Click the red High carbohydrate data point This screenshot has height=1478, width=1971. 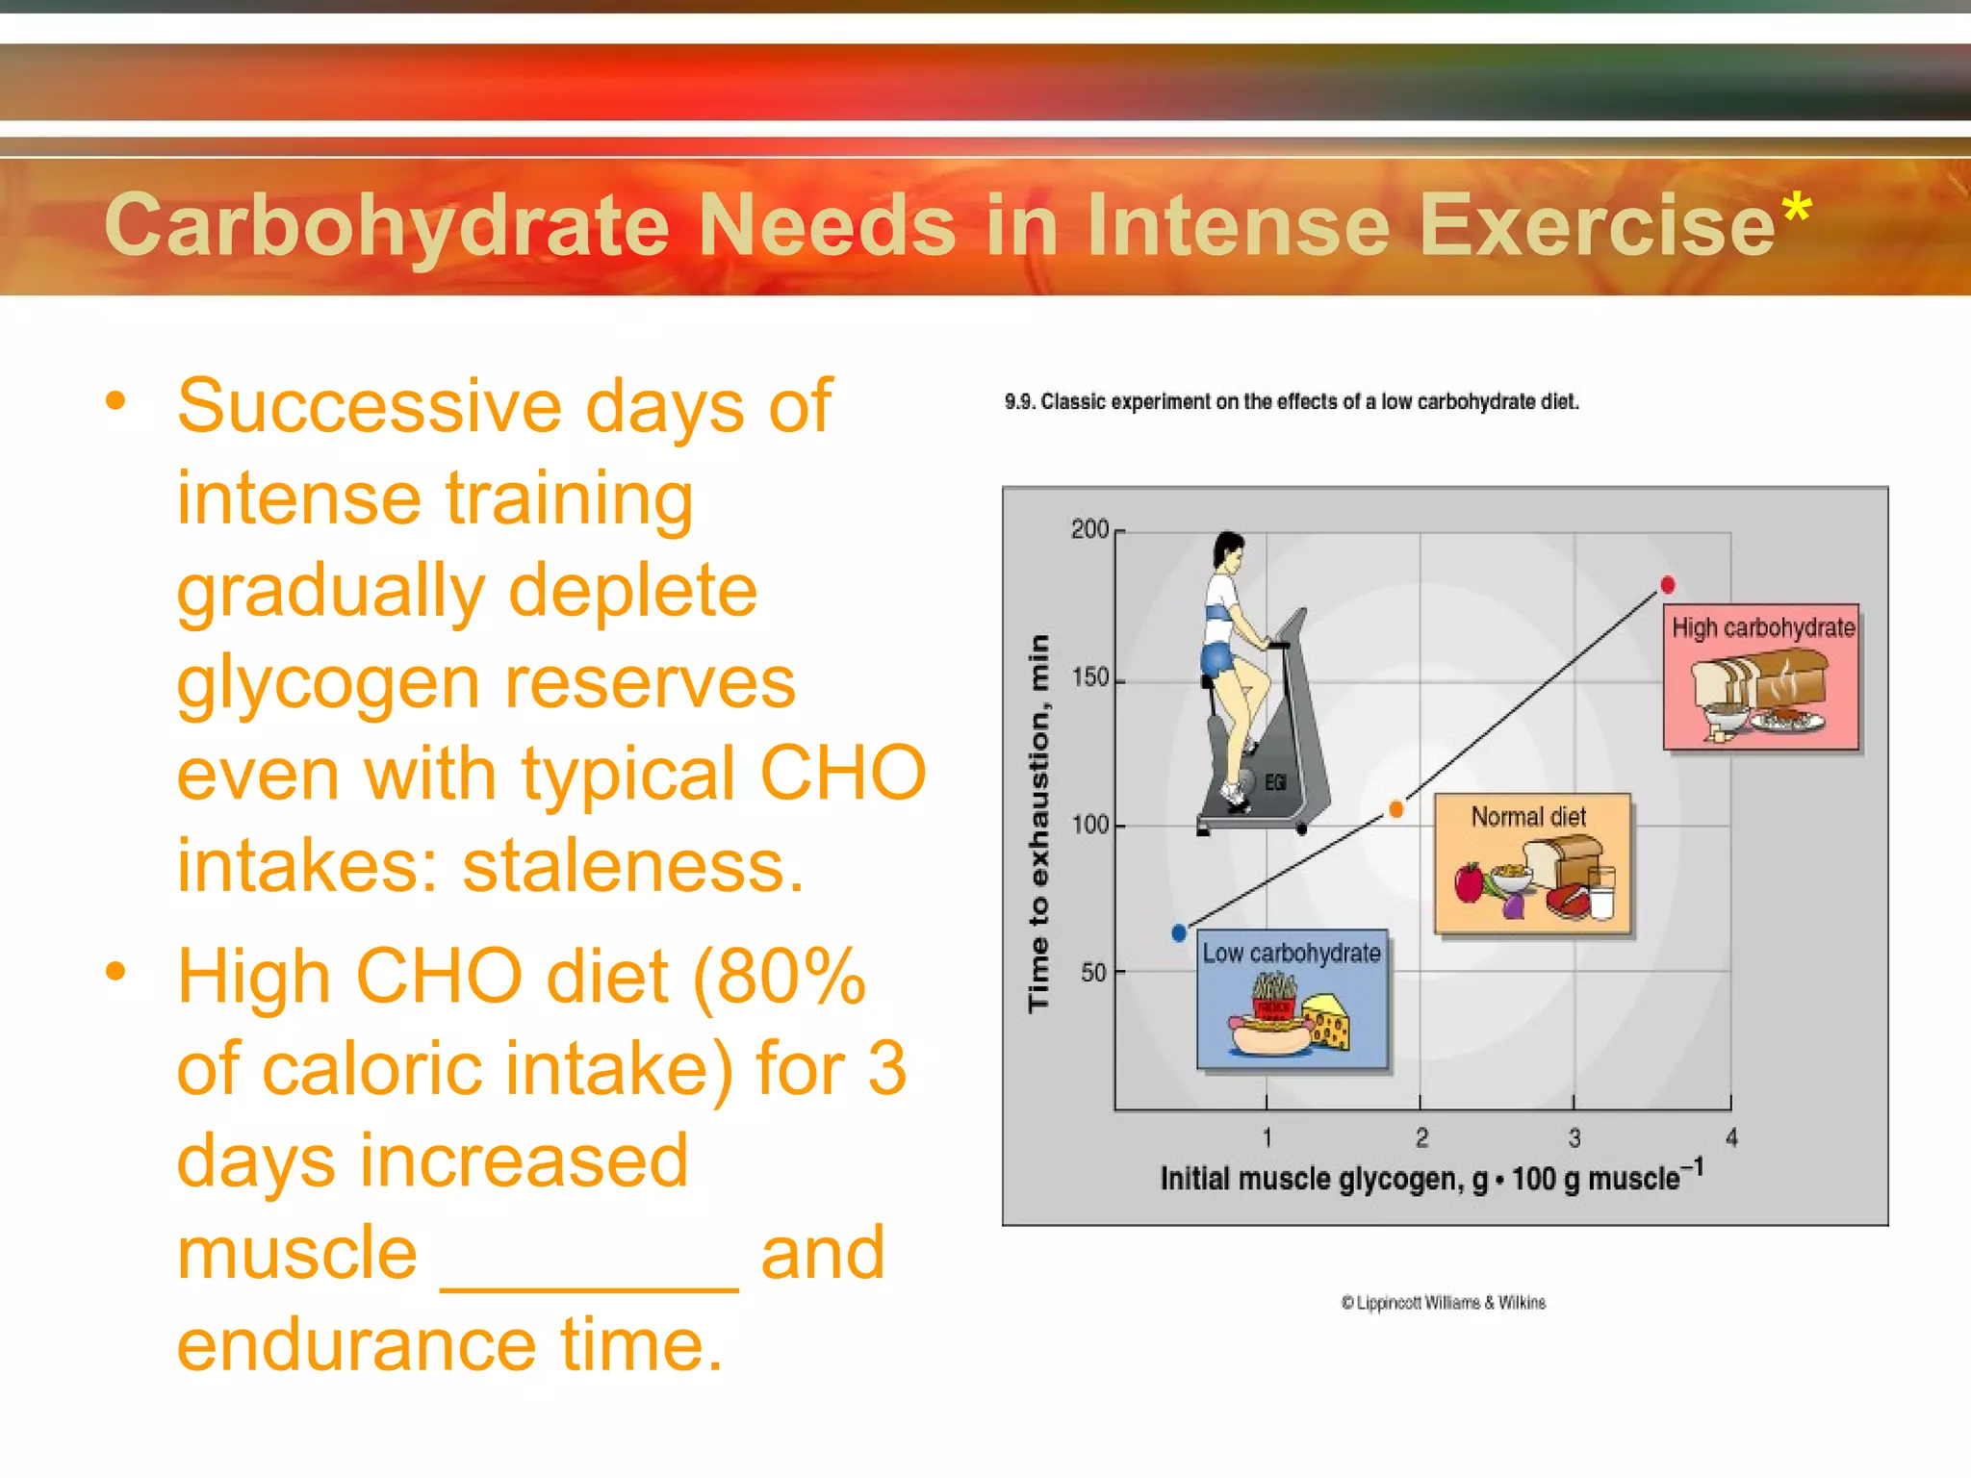click(1667, 584)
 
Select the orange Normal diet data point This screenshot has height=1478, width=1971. click(1395, 809)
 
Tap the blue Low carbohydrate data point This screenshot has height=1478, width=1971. click(1179, 932)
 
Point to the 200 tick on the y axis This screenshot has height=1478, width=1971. click(1089, 530)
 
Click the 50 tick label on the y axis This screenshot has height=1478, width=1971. click(1093, 973)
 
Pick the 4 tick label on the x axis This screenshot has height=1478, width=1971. click(1731, 1138)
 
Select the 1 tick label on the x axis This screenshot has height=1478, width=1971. click(1267, 1138)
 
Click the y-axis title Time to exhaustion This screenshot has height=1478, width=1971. click(1038, 823)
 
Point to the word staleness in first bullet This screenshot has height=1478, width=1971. click(632, 866)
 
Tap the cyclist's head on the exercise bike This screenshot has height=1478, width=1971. click(1228, 550)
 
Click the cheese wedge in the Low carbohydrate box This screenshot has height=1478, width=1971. click(1328, 1024)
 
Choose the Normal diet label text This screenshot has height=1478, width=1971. click(1528, 817)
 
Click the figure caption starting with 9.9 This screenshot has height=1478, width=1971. click(1291, 402)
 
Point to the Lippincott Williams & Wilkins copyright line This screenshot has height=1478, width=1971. click(1444, 1303)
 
